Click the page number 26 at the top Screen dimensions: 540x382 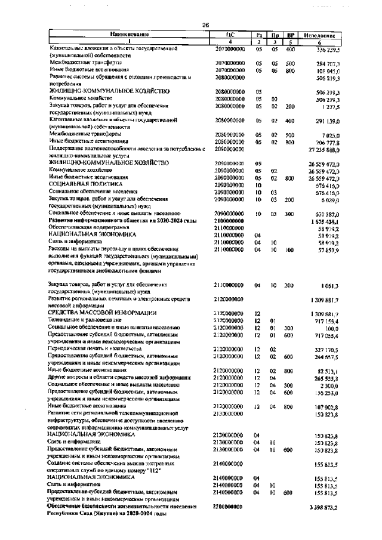[x=205, y=24]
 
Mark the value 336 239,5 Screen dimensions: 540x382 [x=324, y=50]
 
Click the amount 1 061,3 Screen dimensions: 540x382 [x=326, y=285]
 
